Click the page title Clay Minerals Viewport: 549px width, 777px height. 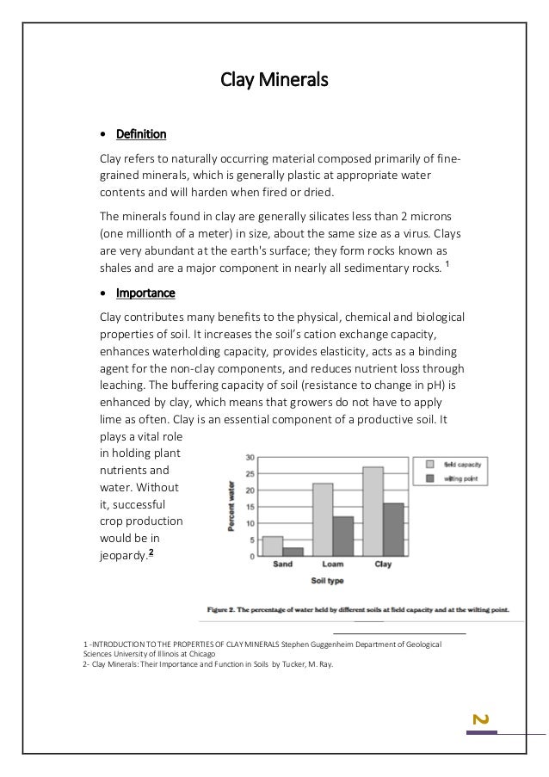click(274, 82)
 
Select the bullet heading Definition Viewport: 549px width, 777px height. click(140, 134)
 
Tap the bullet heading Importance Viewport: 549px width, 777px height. click(145, 293)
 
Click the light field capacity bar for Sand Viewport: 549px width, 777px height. click(272, 546)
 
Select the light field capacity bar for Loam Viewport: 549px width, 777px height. click(322, 520)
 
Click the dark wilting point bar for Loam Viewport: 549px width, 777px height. click(342, 536)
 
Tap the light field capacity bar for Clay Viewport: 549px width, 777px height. click(373, 511)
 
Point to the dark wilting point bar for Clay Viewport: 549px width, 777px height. click(392, 529)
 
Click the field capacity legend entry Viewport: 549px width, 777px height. click(456, 464)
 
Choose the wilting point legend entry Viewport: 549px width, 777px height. click(456, 478)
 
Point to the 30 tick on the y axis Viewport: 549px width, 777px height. click(250, 458)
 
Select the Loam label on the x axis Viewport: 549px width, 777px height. click(332, 565)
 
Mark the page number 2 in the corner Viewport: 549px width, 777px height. click(482, 718)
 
